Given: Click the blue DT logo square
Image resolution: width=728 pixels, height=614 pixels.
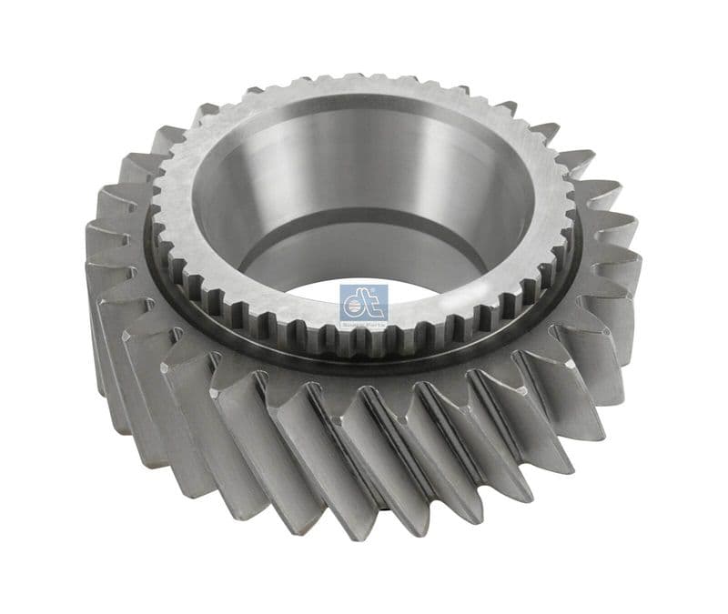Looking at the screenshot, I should coord(364,303).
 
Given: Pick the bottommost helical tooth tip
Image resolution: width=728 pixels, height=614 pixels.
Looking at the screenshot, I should coord(364,518).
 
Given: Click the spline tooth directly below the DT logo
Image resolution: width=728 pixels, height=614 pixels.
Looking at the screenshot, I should coord(364,343).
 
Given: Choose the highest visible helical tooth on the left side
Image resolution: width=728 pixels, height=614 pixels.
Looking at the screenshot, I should coord(205,114).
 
